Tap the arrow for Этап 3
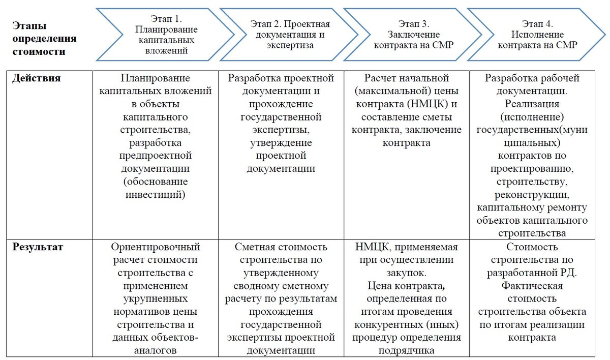(413, 35)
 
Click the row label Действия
(36, 78)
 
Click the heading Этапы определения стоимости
(45, 38)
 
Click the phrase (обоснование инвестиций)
(156, 188)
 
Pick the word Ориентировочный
(156, 247)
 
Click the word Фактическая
(532, 285)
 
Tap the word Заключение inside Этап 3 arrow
(413, 35)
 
